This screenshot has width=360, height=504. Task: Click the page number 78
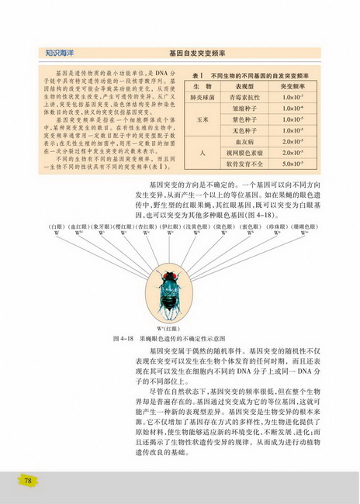pos(28,481)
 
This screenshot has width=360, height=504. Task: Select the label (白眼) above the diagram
pos(55,226)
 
